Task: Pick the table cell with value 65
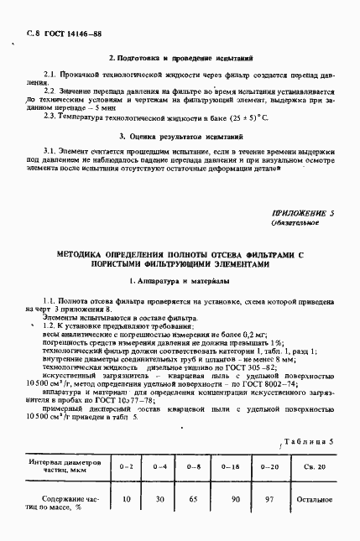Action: (x=192, y=498)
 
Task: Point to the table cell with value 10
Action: (x=127, y=498)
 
